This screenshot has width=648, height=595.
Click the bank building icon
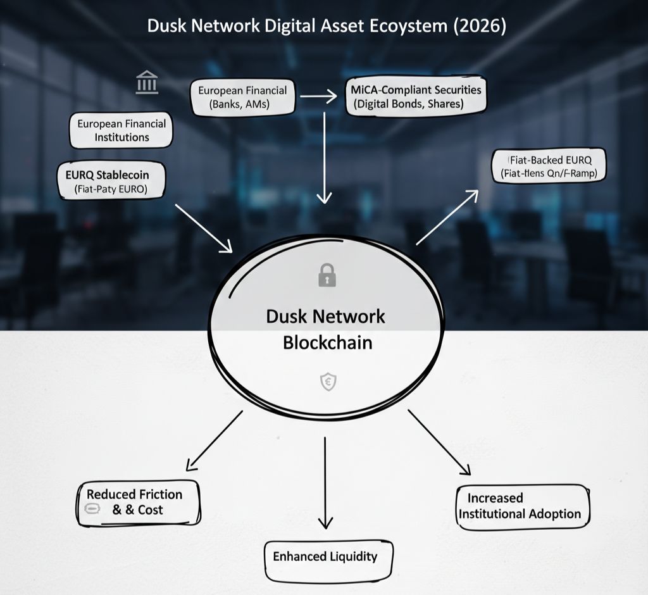(x=147, y=83)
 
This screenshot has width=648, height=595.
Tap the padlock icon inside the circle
(x=327, y=275)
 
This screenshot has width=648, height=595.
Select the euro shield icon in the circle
(x=328, y=382)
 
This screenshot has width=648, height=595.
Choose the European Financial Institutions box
(x=121, y=130)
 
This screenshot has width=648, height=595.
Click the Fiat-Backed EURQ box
(x=549, y=165)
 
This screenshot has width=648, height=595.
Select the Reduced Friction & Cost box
(x=139, y=503)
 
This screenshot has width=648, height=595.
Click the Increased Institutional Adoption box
(x=521, y=506)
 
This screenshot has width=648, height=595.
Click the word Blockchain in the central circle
(x=327, y=342)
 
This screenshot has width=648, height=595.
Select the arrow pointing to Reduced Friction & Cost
(x=214, y=440)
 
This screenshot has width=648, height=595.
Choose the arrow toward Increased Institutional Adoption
(x=439, y=442)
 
